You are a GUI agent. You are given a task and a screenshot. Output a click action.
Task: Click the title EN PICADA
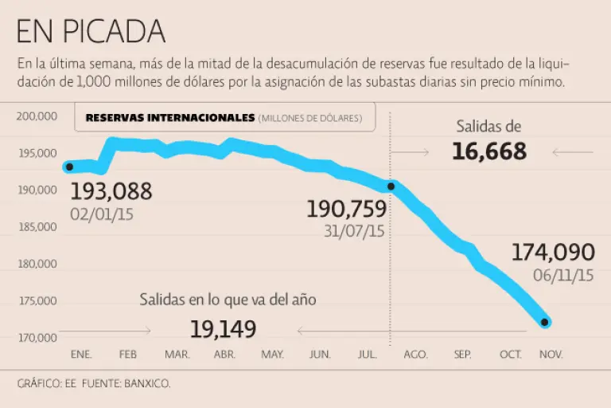pyautogui.click(x=91, y=31)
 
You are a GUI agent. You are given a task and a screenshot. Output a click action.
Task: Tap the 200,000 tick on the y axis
pyautogui.click(x=37, y=116)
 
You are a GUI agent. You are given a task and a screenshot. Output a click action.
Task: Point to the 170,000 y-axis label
pyautogui.click(x=37, y=338)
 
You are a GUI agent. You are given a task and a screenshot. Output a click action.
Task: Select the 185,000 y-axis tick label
pyautogui.click(x=37, y=227)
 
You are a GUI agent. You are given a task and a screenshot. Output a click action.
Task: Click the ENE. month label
pyautogui.click(x=81, y=354)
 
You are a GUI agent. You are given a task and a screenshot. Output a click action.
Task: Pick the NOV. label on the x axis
pyautogui.click(x=550, y=354)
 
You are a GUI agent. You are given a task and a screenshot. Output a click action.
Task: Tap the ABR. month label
pyautogui.click(x=225, y=354)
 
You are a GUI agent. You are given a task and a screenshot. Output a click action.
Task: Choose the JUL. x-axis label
pyautogui.click(x=368, y=354)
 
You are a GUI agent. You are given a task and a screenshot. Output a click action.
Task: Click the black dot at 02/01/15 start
pyautogui.click(x=69, y=167)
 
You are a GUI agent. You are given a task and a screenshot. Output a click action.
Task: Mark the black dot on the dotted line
pyautogui.click(x=391, y=186)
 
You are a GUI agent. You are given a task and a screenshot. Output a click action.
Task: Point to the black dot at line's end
pyautogui.click(x=545, y=322)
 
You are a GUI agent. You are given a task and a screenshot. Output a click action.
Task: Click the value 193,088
pyautogui.click(x=111, y=191)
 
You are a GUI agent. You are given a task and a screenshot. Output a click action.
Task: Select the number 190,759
pyautogui.click(x=346, y=210)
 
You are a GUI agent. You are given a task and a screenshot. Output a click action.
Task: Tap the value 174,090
pyautogui.click(x=552, y=253)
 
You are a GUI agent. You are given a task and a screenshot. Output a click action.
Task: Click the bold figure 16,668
pyautogui.click(x=489, y=151)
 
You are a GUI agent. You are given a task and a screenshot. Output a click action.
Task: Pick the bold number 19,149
pyautogui.click(x=223, y=328)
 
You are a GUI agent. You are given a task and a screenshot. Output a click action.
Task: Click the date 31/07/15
pyautogui.click(x=354, y=231)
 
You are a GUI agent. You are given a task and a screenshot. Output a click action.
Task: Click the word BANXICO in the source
pyautogui.click(x=146, y=383)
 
